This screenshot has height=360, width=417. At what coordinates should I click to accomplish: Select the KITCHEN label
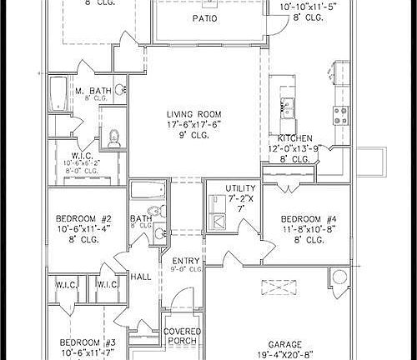click(295, 138)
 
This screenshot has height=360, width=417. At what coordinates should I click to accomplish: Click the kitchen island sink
click(289, 106)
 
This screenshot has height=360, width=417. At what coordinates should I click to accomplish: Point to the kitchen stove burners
click(341, 112)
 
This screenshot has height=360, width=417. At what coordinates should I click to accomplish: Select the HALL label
click(140, 276)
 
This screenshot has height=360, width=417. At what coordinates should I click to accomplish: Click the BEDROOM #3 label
click(87, 342)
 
